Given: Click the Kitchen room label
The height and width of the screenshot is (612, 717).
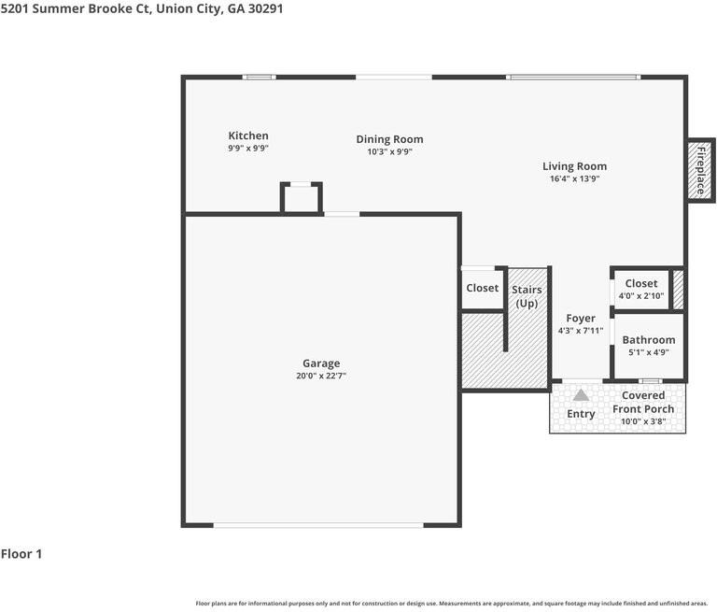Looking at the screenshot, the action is (248, 135).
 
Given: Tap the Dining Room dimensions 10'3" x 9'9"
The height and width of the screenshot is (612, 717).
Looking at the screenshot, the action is (389, 151).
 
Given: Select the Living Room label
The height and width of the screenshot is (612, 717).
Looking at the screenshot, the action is (575, 166).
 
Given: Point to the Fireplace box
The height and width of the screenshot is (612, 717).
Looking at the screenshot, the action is (701, 170).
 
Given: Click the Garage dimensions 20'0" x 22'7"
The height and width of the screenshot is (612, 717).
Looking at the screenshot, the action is (321, 376).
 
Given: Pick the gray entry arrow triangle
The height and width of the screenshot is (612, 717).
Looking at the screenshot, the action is (582, 395).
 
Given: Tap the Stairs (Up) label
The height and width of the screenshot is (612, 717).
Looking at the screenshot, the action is (527, 296).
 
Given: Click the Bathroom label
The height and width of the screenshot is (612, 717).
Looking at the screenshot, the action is (649, 340).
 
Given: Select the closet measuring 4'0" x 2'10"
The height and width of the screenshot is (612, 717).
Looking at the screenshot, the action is (641, 290).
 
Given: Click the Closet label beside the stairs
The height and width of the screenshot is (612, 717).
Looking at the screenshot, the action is (483, 288).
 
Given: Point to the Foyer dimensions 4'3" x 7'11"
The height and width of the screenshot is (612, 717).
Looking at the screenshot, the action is (581, 331).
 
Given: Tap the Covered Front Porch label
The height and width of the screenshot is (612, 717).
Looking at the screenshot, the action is (643, 402).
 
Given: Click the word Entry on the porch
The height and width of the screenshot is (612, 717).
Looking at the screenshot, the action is (581, 414).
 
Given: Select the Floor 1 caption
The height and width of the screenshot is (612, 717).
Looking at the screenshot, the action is (21, 554).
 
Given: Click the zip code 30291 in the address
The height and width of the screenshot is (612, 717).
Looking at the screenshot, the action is (266, 8).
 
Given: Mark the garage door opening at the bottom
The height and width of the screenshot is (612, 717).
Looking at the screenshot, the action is (318, 525).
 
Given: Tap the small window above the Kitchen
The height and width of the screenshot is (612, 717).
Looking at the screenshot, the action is (260, 77).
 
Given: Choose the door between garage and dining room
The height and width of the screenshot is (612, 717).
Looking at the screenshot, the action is (342, 214).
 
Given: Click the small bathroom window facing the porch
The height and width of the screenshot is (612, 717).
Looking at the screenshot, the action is (650, 381).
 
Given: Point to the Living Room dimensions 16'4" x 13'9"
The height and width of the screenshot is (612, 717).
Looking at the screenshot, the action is (575, 178).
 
